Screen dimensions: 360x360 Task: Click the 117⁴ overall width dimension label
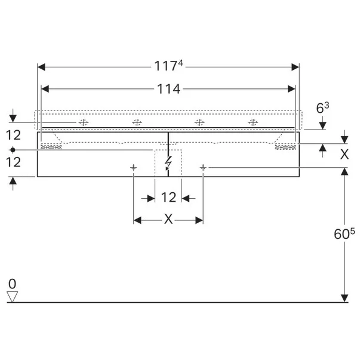click(x=169, y=67)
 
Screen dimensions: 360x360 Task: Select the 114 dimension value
click(x=168, y=89)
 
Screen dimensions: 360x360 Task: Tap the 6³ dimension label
click(x=322, y=108)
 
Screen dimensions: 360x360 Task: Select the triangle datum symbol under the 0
click(x=13, y=297)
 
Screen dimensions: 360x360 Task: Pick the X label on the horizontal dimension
click(x=168, y=220)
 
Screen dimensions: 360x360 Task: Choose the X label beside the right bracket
click(x=344, y=154)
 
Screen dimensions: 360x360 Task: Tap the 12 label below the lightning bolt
click(x=168, y=197)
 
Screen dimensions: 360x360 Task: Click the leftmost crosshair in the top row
click(x=83, y=122)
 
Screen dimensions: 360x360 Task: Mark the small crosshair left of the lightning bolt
click(x=134, y=168)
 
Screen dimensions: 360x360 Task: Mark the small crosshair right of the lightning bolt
click(x=203, y=168)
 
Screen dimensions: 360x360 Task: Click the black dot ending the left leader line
click(x=13, y=149)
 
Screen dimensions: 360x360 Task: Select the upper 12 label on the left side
click(x=13, y=134)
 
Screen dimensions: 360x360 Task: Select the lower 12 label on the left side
click(x=13, y=162)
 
